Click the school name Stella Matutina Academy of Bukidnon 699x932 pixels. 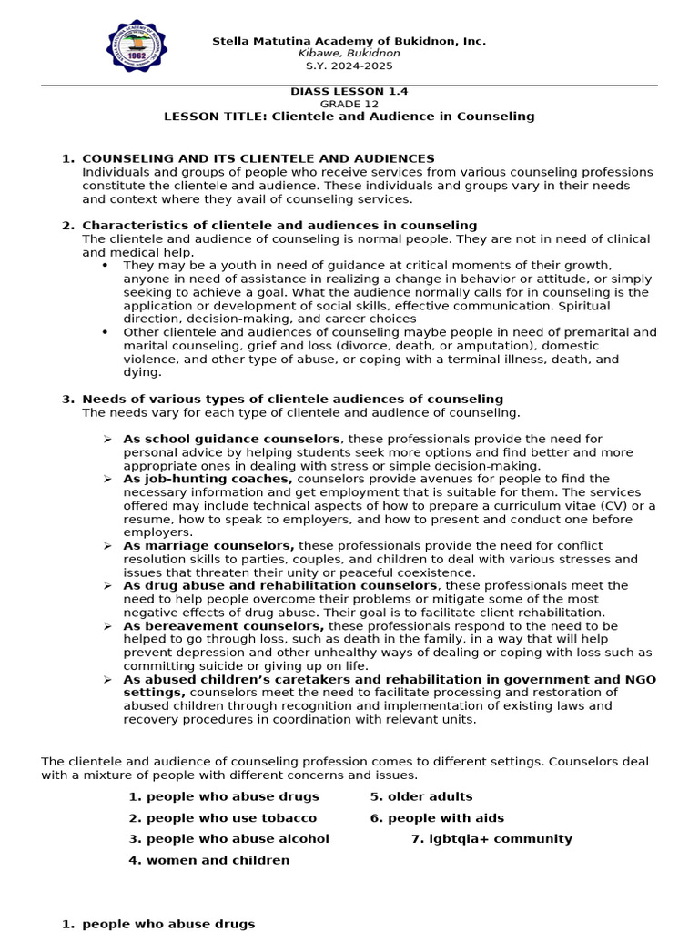click(x=349, y=41)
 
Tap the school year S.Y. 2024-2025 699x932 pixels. click(x=349, y=66)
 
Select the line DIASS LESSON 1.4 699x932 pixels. click(x=349, y=91)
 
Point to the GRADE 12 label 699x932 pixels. click(x=349, y=104)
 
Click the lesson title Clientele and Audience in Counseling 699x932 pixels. click(x=349, y=116)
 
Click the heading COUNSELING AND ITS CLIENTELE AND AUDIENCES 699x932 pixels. click(x=258, y=158)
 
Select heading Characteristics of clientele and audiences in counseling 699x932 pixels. click(x=279, y=225)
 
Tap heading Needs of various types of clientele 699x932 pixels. click(x=292, y=399)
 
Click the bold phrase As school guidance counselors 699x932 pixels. click(x=232, y=439)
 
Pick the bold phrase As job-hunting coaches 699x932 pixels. click(x=208, y=479)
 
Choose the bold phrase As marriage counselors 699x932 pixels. click(x=208, y=546)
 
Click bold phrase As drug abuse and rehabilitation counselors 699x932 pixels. click(x=280, y=586)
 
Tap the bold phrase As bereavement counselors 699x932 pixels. click(x=224, y=626)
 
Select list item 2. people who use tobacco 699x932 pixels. click(x=222, y=818)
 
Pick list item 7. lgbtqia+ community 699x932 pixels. click(x=491, y=839)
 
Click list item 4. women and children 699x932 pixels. click(x=208, y=860)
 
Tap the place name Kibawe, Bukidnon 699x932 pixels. click(x=349, y=54)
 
